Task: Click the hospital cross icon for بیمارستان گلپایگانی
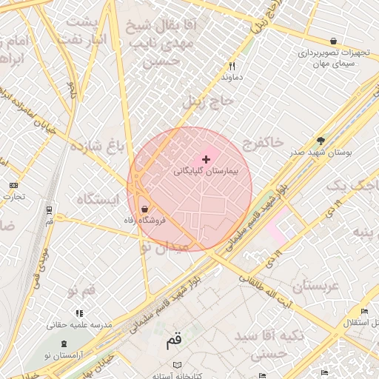(206, 160)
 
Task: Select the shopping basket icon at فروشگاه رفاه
(143, 208)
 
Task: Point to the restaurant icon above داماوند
(232, 66)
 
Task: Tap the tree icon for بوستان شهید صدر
(321, 140)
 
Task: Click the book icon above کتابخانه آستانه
(177, 365)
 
